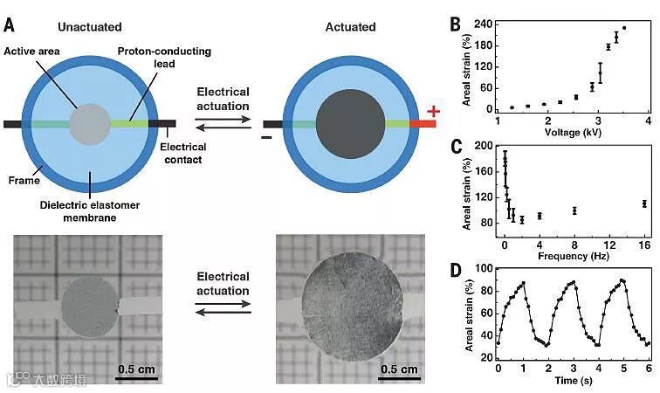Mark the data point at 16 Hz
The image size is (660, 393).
tap(644, 203)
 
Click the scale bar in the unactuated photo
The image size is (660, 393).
tap(136, 378)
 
